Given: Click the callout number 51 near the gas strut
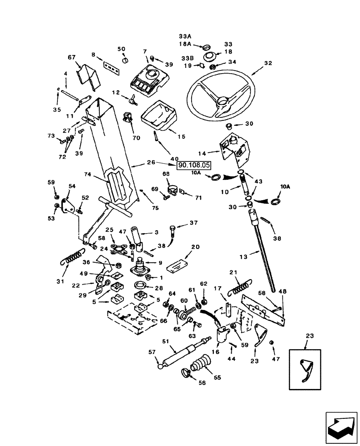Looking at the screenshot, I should (165, 342).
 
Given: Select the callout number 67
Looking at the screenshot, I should (71, 57).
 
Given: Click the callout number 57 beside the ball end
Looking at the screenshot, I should (152, 353).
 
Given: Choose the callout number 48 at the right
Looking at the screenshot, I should (283, 291).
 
